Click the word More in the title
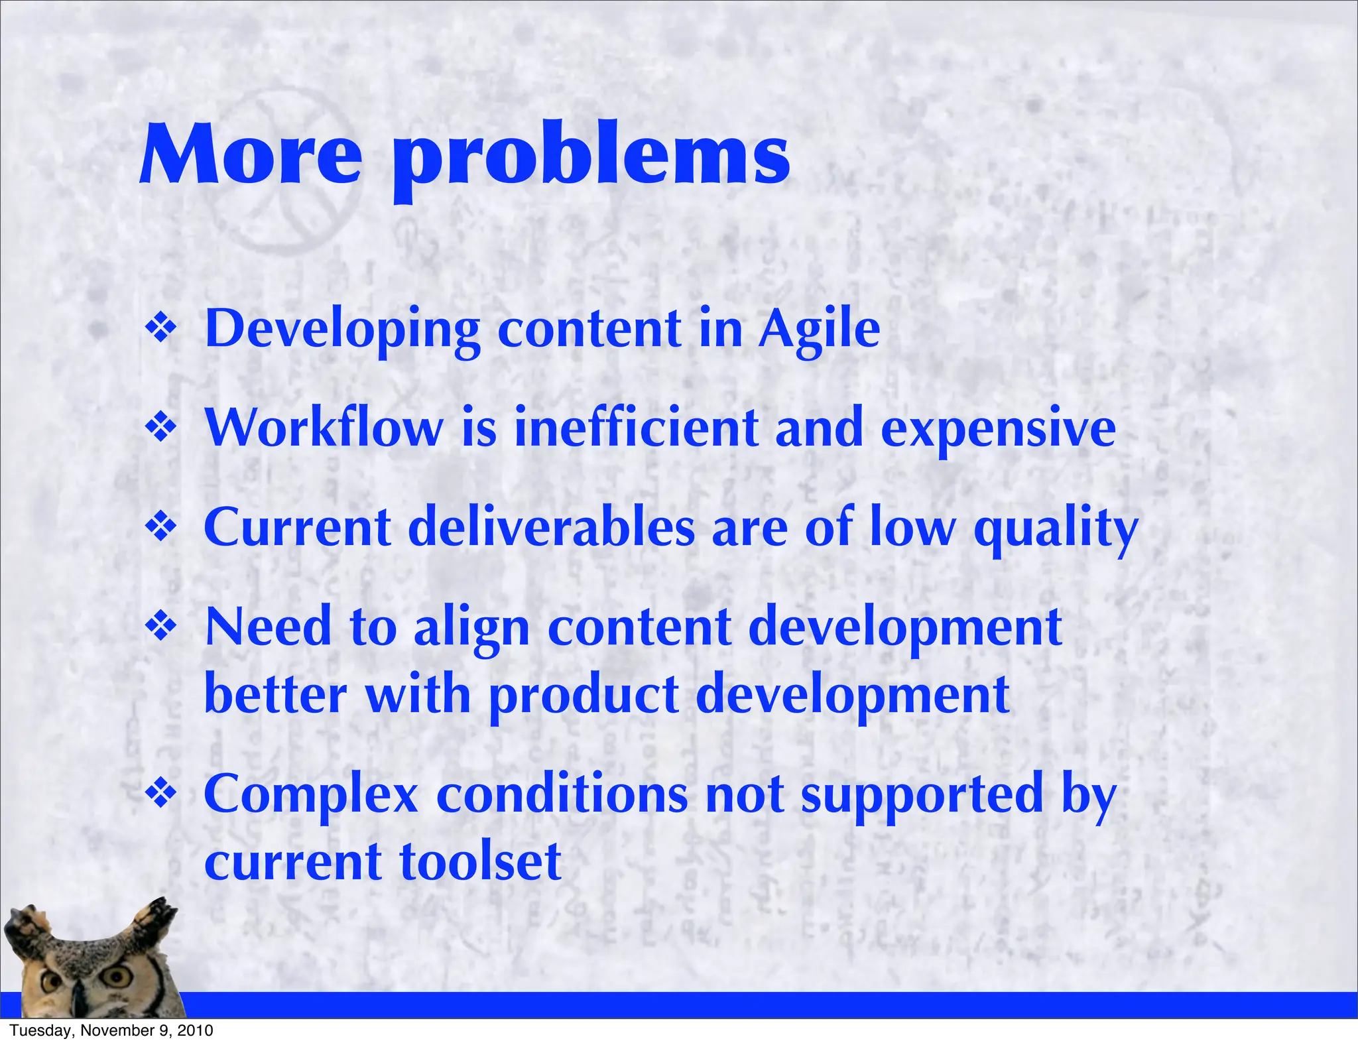tap(251, 156)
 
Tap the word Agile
tap(819, 330)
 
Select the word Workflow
tap(324, 428)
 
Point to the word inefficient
tap(635, 428)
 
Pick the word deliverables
tap(551, 528)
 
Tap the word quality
tap(1055, 530)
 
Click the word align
tap(471, 629)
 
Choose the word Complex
tap(310, 795)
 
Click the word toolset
tap(481, 861)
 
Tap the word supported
tap(922, 796)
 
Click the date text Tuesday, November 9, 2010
tap(111, 1030)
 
